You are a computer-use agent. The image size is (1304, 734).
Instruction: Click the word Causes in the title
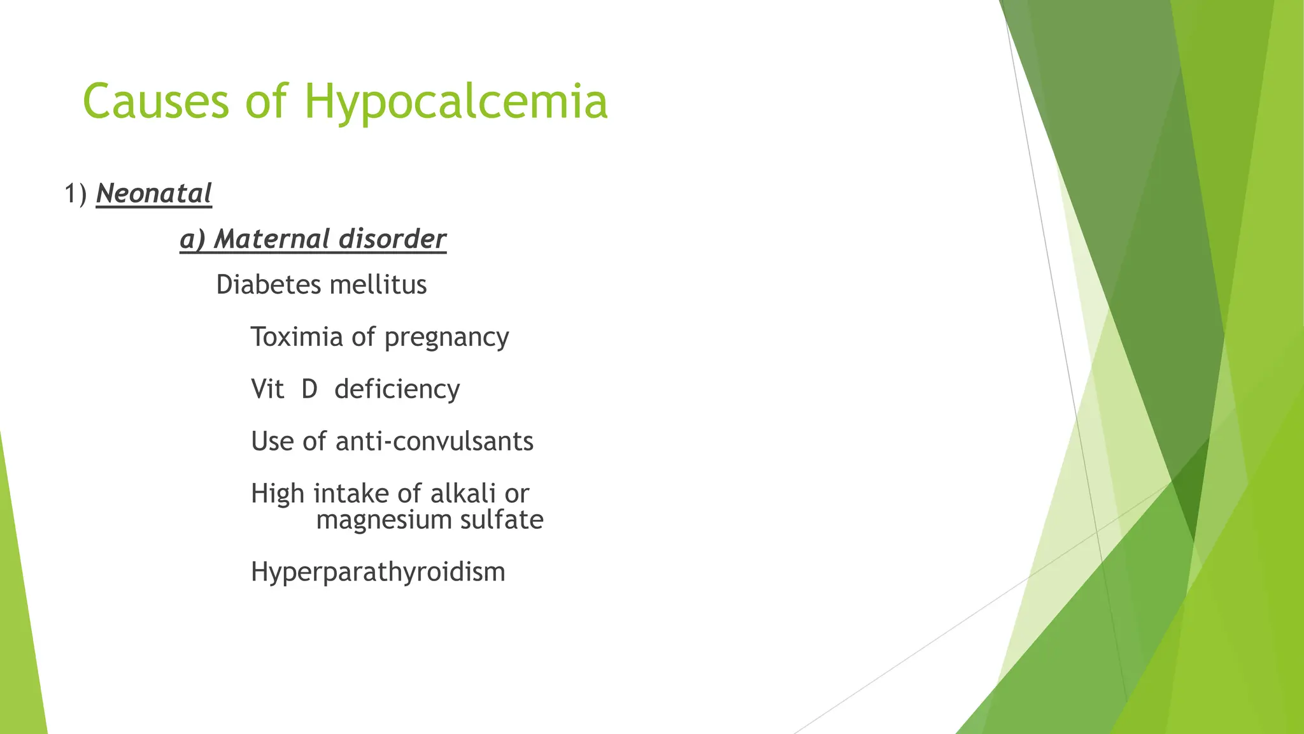(155, 102)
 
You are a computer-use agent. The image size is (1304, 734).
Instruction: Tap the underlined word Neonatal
(153, 194)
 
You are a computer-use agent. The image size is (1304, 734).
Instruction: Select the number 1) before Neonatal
(75, 194)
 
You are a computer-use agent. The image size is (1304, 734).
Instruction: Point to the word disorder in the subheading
(392, 239)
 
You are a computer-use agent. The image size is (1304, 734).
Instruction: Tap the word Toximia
(297, 337)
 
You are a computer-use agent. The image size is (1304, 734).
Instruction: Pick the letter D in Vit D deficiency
(309, 389)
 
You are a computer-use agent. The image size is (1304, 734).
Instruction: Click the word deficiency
(397, 389)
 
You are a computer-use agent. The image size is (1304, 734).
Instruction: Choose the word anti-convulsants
(434, 442)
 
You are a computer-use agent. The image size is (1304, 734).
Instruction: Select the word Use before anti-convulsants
(273, 442)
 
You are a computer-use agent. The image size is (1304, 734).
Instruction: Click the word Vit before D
(267, 389)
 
